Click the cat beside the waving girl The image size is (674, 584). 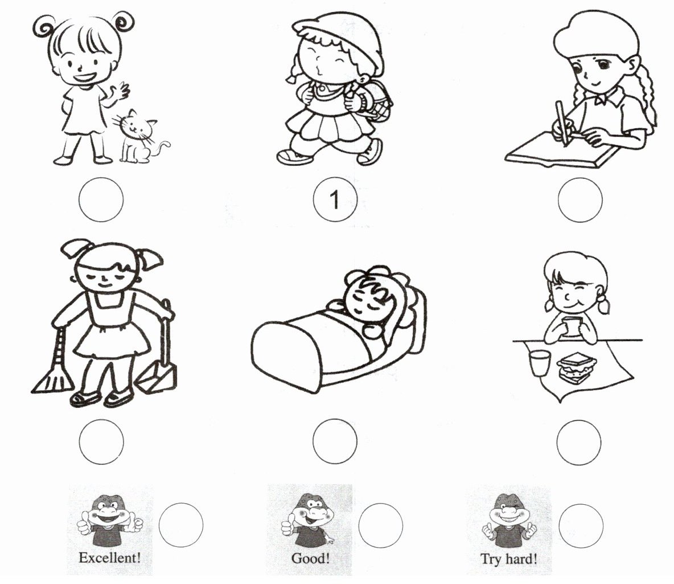tap(138, 138)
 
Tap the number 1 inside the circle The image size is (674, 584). tap(334, 199)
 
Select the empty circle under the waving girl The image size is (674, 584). tap(101, 199)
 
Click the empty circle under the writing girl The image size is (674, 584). tap(580, 200)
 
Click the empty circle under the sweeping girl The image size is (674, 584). tap(101, 442)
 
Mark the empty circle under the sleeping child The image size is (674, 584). tap(335, 441)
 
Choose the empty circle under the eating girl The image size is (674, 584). tap(578, 442)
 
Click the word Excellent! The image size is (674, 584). tap(110, 558)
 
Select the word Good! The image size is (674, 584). tap(310, 558)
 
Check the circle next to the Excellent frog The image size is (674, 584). tap(180, 525)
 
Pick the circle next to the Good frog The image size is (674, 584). tap(380, 525)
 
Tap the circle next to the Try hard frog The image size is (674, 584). tap(581, 526)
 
